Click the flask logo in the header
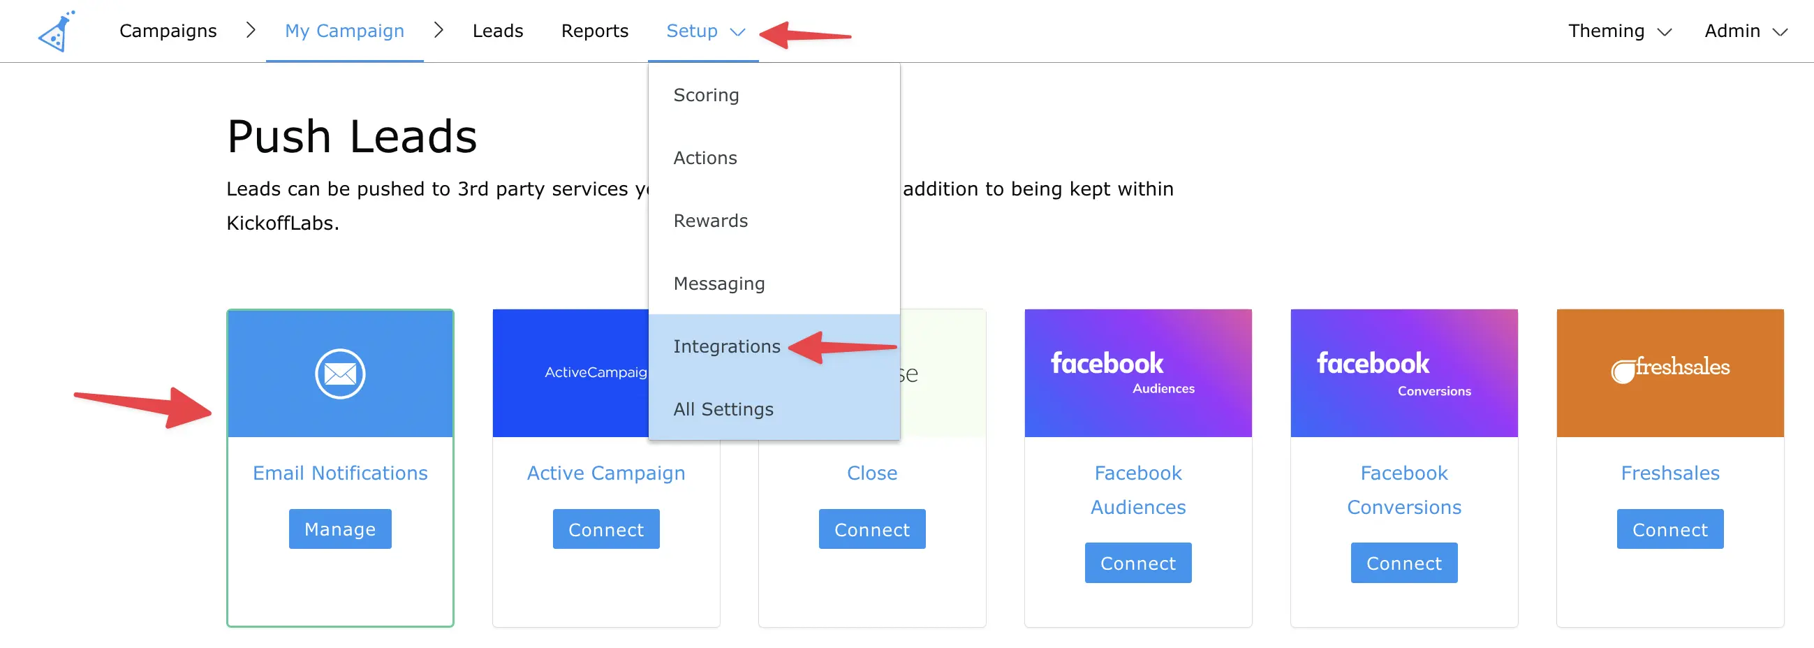[57, 31]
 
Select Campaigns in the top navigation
[168, 31]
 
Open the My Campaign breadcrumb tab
[344, 31]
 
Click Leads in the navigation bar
[497, 31]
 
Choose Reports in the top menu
[594, 31]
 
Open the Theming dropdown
[1619, 31]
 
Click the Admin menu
[1745, 31]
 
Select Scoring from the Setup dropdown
[706, 95]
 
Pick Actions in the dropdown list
[705, 158]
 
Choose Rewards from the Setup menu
[710, 221]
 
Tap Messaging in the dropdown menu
[718, 283]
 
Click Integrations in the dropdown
[726, 346]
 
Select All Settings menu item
[723, 409]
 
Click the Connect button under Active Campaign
[605, 530]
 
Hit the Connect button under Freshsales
[1669, 530]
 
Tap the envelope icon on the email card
[340, 374]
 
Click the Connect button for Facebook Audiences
[1138, 564]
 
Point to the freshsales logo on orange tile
[1669, 369]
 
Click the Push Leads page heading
[351, 136]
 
